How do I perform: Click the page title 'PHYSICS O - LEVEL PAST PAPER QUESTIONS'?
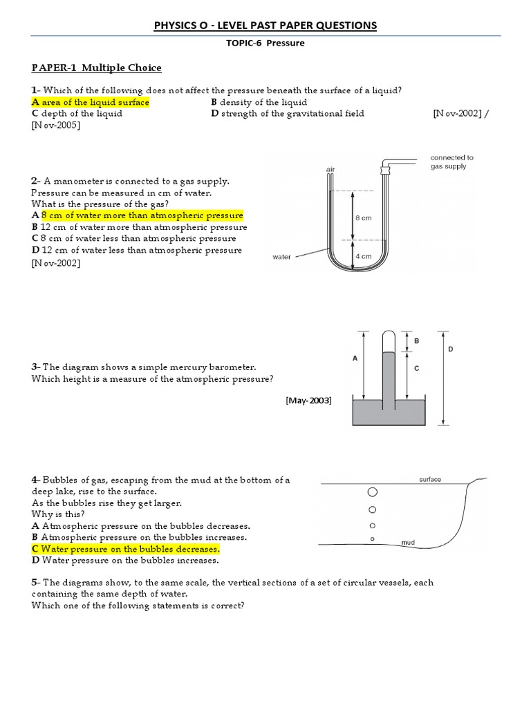[x=265, y=26]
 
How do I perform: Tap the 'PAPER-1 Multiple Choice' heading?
[x=96, y=68]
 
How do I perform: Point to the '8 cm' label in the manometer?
[x=364, y=218]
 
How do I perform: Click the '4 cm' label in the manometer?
[x=364, y=256]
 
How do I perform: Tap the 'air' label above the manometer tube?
[x=330, y=168]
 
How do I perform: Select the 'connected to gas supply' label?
[x=451, y=162]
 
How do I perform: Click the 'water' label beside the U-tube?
[x=282, y=257]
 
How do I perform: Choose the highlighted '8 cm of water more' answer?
[x=138, y=215]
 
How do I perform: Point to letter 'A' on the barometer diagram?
[x=355, y=359]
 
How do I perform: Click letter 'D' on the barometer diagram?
[x=450, y=350]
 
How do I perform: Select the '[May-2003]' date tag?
[x=308, y=400]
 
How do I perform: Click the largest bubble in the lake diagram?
[x=373, y=492]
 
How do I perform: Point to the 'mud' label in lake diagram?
[x=409, y=543]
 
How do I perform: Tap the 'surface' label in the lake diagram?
[x=430, y=479]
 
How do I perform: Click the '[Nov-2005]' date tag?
[x=56, y=125]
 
